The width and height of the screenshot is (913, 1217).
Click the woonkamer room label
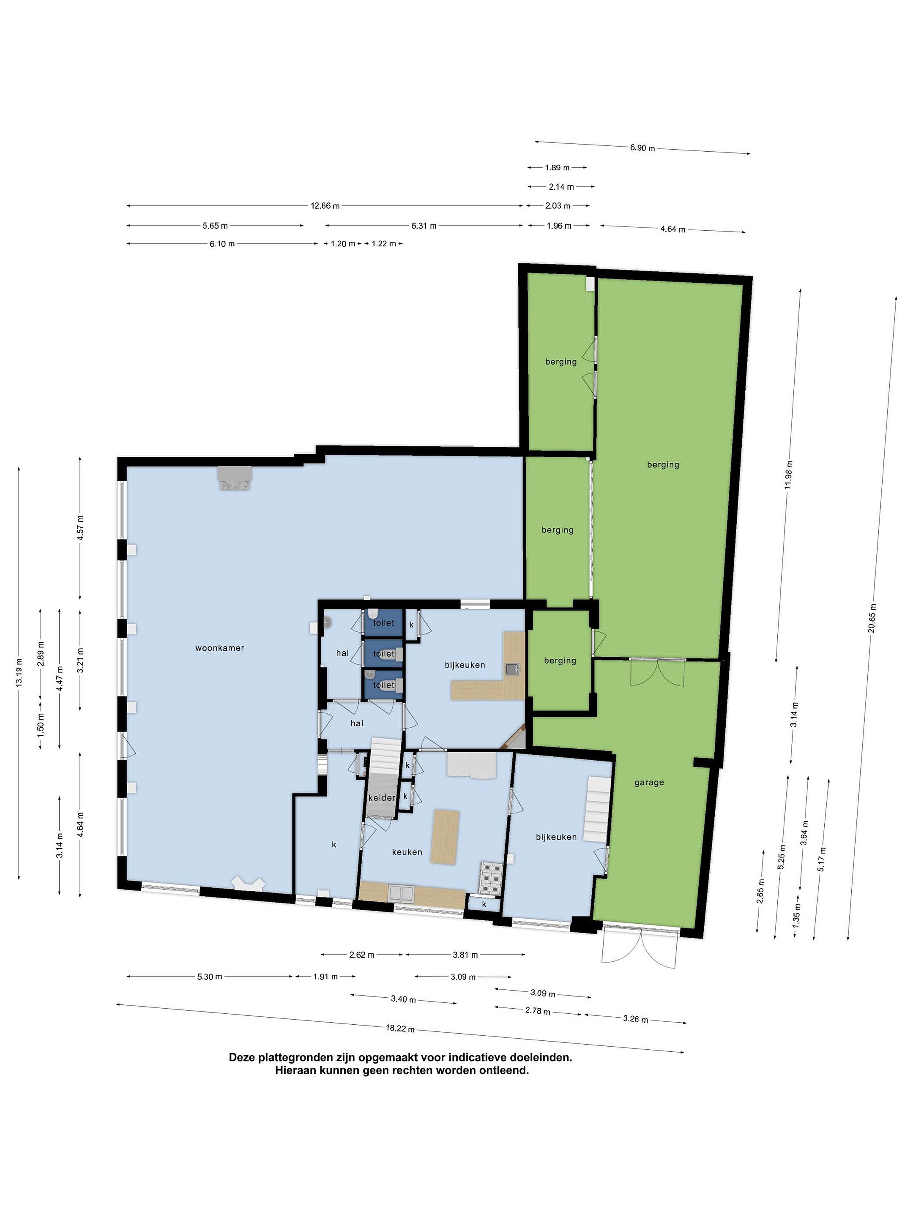click(219, 648)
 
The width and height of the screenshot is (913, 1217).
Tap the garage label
click(649, 783)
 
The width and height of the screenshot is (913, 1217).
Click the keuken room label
click(407, 852)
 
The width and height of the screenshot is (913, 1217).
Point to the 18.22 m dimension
click(400, 1028)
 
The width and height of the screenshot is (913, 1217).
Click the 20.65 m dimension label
click(872, 618)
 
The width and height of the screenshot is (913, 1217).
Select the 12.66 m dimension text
click(325, 206)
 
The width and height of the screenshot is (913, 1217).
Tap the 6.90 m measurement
click(642, 147)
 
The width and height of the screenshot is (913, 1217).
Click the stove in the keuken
click(492, 878)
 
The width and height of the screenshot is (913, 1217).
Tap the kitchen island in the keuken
click(445, 837)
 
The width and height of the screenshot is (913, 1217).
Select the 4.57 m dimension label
click(80, 528)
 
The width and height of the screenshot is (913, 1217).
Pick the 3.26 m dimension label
click(636, 1019)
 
